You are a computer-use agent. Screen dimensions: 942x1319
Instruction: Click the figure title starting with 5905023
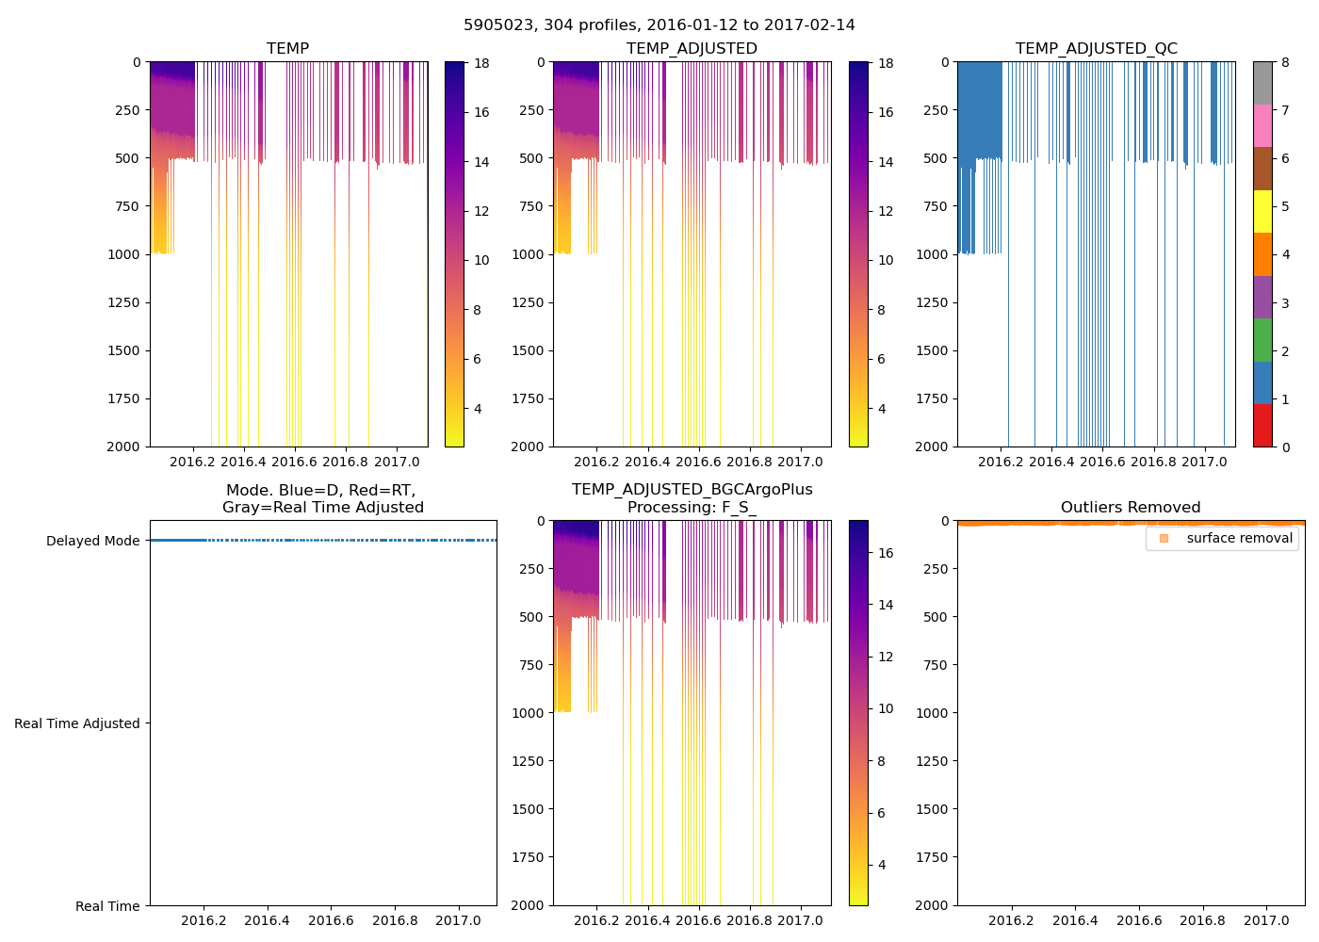click(x=659, y=25)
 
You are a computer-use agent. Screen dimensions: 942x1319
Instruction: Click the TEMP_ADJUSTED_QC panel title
click(x=1096, y=49)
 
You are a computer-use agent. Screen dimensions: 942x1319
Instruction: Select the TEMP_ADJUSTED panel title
click(x=692, y=49)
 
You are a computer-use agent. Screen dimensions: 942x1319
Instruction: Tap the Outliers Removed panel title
click(x=1131, y=508)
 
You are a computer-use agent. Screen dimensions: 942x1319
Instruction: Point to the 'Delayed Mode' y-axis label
click(x=92, y=541)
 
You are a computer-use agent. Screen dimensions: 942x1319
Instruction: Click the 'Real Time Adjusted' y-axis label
click(x=76, y=723)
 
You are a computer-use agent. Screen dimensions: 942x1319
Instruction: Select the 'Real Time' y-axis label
click(x=107, y=906)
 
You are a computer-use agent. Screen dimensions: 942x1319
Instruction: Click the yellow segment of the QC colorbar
click(x=1262, y=211)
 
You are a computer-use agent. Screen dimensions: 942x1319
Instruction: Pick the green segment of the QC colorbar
click(x=1262, y=340)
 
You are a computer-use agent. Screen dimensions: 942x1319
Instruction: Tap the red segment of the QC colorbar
click(x=1262, y=426)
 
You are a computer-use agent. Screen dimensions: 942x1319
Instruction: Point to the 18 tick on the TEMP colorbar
click(x=481, y=63)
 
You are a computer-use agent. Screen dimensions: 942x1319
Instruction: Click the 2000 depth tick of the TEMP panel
click(x=122, y=447)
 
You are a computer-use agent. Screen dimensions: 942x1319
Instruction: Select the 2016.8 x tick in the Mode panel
click(x=395, y=920)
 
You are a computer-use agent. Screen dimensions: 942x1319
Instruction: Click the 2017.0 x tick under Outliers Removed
click(x=1266, y=920)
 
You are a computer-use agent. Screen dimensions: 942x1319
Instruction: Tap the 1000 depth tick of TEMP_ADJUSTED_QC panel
click(x=930, y=254)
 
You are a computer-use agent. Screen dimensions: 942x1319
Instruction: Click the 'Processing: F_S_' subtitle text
click(x=692, y=508)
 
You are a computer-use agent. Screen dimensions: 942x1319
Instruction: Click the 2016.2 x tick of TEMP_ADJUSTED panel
click(x=596, y=462)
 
